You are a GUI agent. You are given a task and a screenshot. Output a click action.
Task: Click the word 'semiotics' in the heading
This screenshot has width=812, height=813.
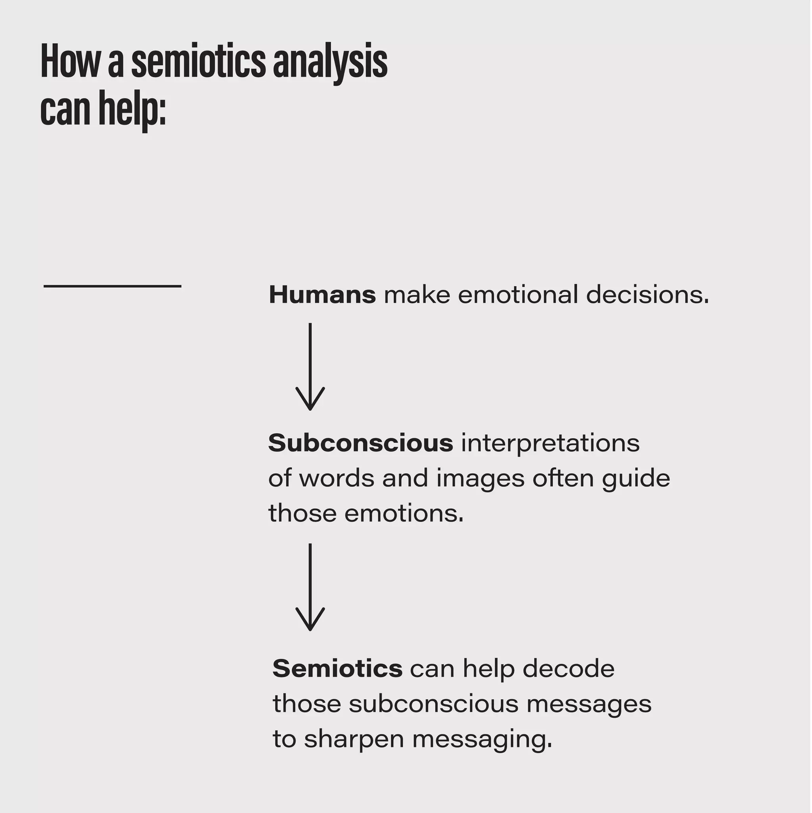198,62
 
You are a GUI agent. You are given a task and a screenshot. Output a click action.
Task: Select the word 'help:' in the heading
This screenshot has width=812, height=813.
132,109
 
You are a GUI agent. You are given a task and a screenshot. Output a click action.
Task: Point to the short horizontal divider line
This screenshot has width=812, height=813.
112,287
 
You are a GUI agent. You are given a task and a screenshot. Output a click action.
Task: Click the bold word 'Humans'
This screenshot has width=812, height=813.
322,295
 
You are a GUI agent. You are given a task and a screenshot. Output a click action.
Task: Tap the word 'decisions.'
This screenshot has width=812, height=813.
647,295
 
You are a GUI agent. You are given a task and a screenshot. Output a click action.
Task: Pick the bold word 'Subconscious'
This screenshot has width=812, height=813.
361,443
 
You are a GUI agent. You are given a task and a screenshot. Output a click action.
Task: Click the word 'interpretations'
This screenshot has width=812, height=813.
551,443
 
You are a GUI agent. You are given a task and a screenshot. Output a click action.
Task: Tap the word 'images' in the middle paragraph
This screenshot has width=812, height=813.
480,478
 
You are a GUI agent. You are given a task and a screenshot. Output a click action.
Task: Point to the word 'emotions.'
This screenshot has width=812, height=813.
404,513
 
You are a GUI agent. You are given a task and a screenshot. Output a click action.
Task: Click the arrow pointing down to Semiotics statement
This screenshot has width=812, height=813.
310,587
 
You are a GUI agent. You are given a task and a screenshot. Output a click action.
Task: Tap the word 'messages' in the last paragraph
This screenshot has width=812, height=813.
589,704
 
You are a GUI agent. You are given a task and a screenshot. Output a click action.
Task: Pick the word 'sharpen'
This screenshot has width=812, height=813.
354,739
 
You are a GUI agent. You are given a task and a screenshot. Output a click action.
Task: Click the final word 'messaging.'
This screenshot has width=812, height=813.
482,739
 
